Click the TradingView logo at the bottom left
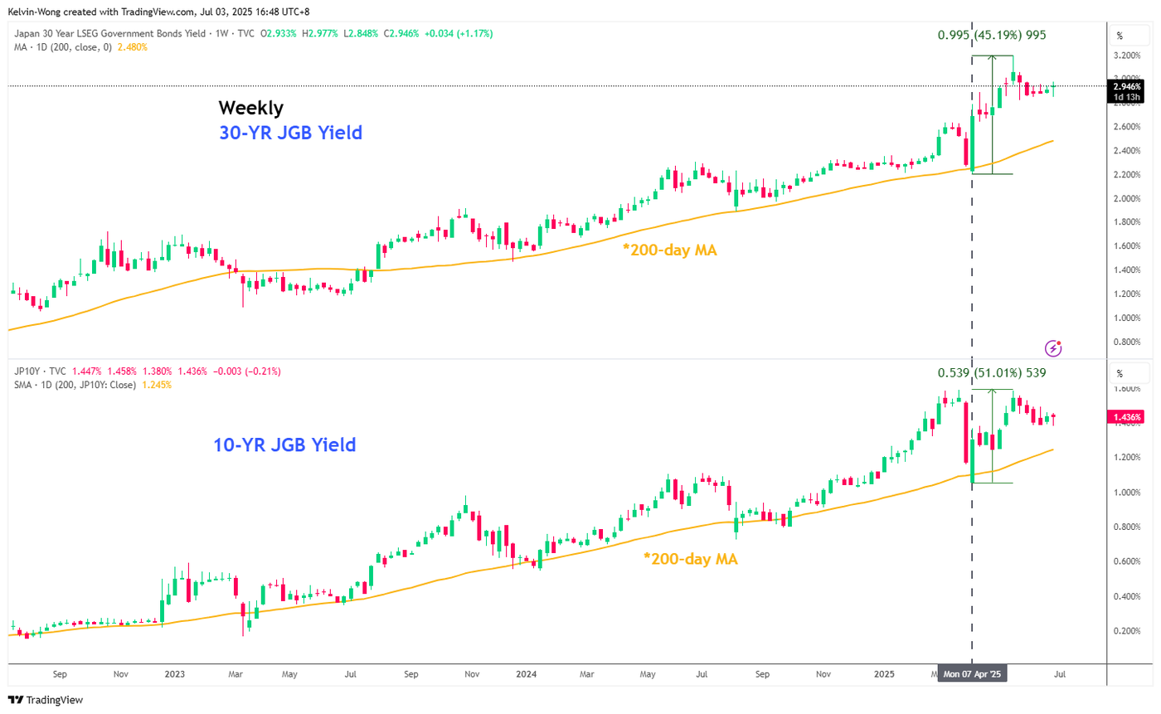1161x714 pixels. [46, 700]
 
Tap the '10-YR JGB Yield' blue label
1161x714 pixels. [284, 445]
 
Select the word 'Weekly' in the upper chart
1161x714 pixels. [251, 108]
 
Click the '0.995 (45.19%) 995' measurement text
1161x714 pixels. [992, 35]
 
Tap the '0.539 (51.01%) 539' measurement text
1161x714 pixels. [992, 373]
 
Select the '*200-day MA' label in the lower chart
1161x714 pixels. [690, 559]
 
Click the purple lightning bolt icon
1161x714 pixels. [1053, 348]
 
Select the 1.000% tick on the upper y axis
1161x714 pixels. [1128, 318]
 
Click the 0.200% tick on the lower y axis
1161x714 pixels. [1128, 631]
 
